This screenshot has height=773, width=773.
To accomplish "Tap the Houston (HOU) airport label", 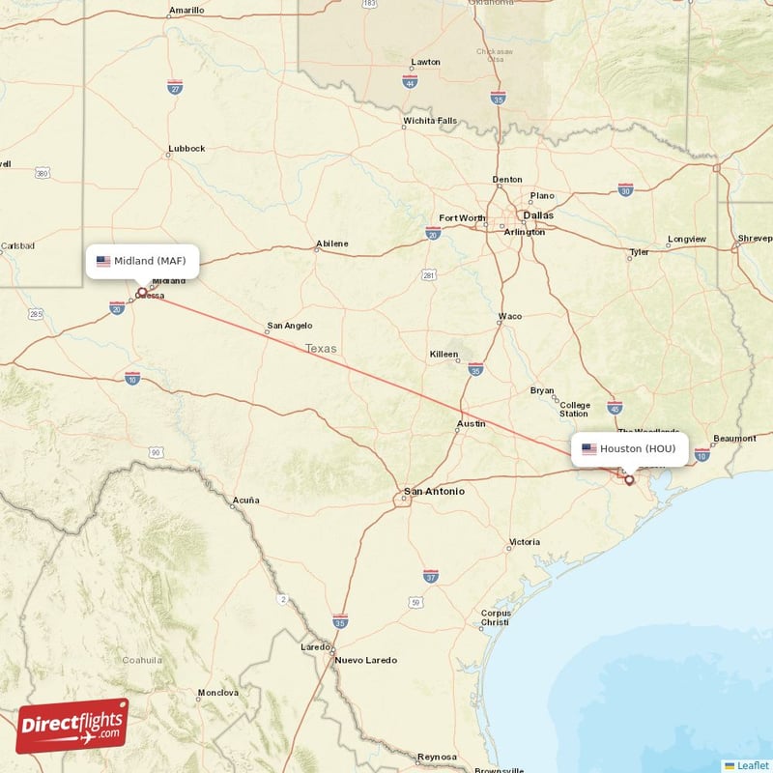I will click(x=629, y=448).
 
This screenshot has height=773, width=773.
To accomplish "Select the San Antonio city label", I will click(x=434, y=492).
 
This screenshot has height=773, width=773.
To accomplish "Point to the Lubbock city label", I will click(x=186, y=149).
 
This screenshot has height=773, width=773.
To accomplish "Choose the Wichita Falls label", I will click(x=430, y=121).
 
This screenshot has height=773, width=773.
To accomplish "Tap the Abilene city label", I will click(x=331, y=243).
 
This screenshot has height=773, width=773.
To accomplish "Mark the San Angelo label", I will click(x=290, y=327).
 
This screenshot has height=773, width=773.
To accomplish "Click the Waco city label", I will click(x=509, y=317).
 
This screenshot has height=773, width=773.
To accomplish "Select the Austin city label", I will click(x=471, y=424).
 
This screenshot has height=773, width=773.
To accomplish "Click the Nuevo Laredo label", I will click(x=365, y=660).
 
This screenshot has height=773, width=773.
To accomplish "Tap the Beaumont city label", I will click(x=734, y=439).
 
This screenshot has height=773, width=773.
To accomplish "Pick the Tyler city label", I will click(x=639, y=252).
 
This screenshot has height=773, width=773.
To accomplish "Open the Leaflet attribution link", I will click(x=752, y=765).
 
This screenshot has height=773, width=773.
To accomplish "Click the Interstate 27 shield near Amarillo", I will click(x=175, y=87).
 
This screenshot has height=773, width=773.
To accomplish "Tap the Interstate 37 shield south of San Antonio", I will click(x=431, y=576).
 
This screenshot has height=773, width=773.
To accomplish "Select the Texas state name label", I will click(x=322, y=349).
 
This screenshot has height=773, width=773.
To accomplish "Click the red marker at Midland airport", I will click(x=142, y=291).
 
